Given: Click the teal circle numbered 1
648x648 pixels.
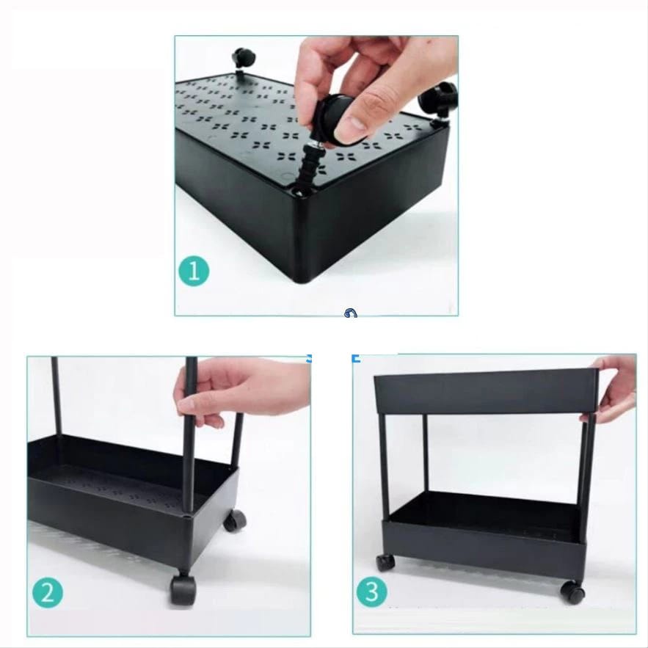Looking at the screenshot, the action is click(194, 272).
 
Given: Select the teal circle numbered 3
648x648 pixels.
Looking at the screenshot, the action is click(372, 591).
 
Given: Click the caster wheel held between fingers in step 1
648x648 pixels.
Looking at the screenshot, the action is click(336, 120).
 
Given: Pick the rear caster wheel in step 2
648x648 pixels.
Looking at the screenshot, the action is click(235, 521).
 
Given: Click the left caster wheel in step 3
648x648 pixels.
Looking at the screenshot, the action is click(385, 562).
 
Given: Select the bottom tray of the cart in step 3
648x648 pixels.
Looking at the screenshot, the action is click(484, 536).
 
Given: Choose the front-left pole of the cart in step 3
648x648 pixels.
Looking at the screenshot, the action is click(385, 465).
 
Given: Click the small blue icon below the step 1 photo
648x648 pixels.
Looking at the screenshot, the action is click(351, 313).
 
